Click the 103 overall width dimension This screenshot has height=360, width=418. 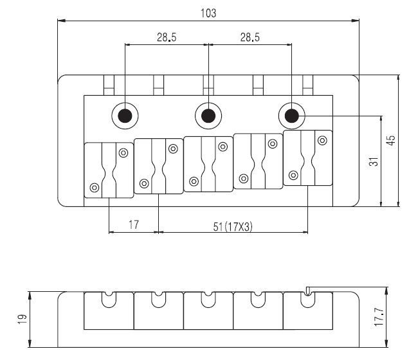click(x=208, y=13)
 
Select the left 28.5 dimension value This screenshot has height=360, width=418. click(x=166, y=37)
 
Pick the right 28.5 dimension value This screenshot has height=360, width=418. click(x=250, y=37)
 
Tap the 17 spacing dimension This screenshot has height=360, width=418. click(x=134, y=225)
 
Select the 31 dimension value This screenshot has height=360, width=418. click(x=374, y=162)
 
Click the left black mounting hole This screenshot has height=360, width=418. click(x=125, y=116)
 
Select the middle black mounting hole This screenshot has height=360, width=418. click(x=208, y=116)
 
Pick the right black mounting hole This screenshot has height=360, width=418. click(x=291, y=116)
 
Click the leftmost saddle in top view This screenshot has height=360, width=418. click(x=109, y=170)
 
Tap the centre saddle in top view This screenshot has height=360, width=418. click(x=208, y=163)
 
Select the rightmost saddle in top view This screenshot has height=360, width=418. click(x=308, y=157)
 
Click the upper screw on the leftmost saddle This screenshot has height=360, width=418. click(x=123, y=152)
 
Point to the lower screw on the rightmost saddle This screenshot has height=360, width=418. click(x=294, y=175)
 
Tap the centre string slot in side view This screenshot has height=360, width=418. click(x=208, y=298)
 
